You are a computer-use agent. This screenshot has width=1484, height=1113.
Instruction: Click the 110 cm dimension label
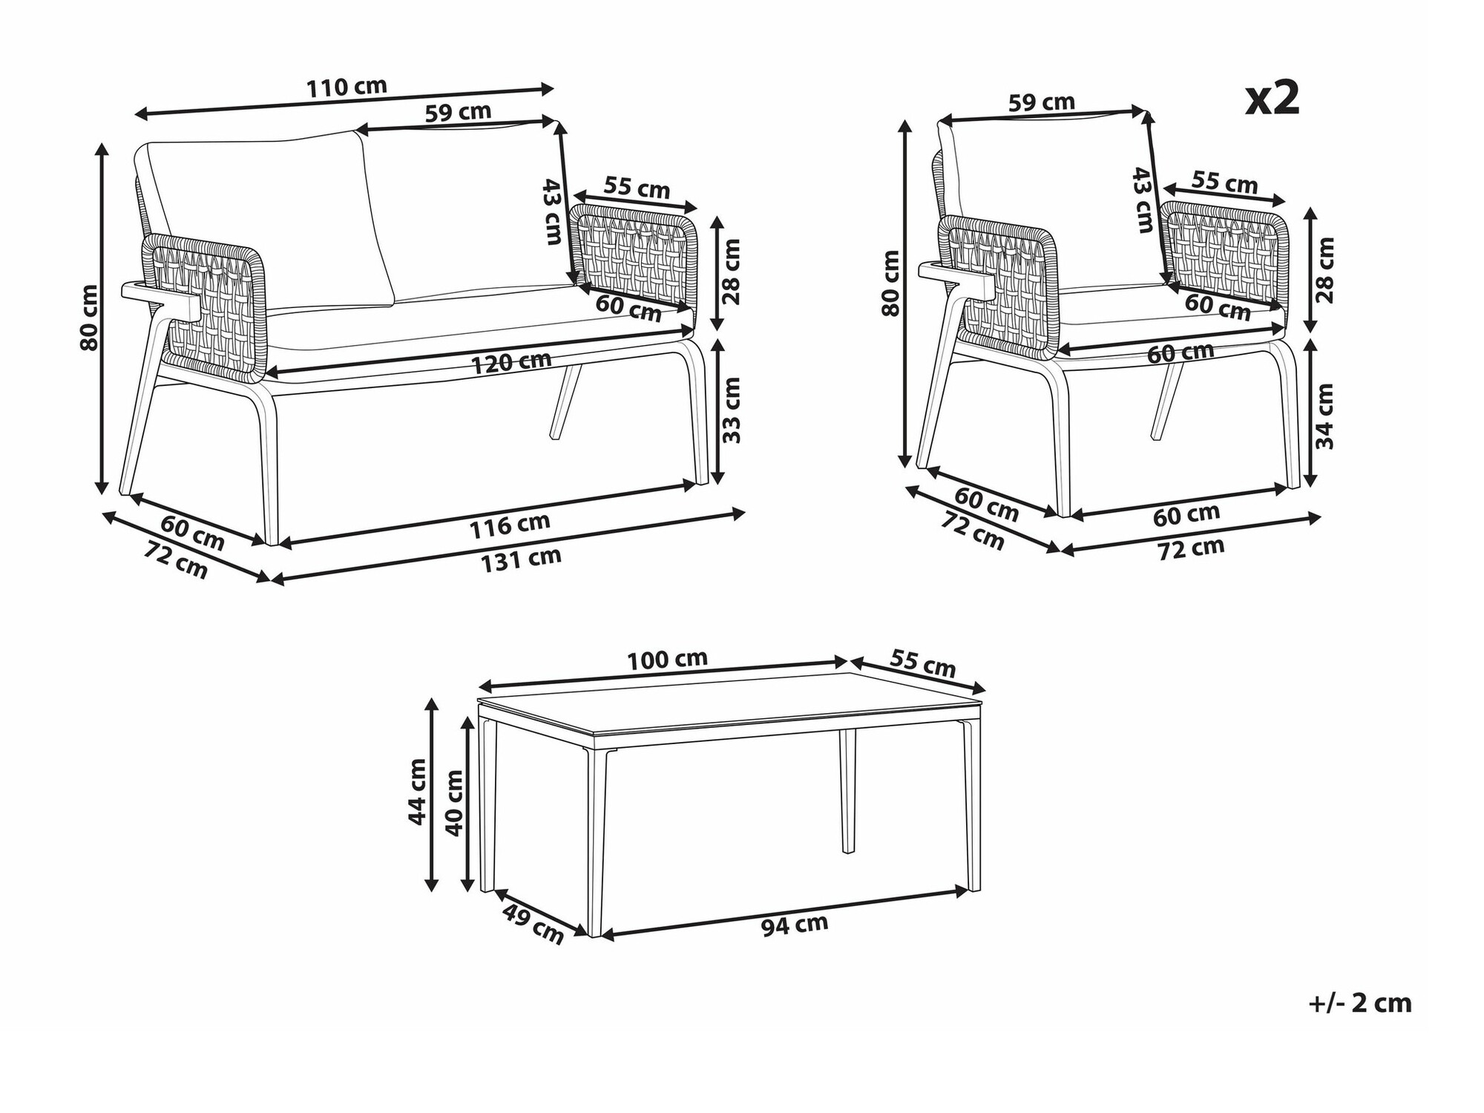coord(347,87)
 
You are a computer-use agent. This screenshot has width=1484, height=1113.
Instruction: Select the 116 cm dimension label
coord(510,525)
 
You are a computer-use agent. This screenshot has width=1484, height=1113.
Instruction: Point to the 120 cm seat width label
coord(511,362)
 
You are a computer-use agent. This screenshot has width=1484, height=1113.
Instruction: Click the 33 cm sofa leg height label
coord(732,410)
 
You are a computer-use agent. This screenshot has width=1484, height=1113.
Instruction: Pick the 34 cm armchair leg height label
coord(1324,416)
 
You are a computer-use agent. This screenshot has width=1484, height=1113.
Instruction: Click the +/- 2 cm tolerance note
coord(1359,1003)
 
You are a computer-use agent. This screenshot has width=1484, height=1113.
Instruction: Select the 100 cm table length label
coord(667,659)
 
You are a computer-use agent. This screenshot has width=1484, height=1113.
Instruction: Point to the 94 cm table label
coord(794,925)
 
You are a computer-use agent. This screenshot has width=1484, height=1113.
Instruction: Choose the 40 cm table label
coord(454,801)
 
